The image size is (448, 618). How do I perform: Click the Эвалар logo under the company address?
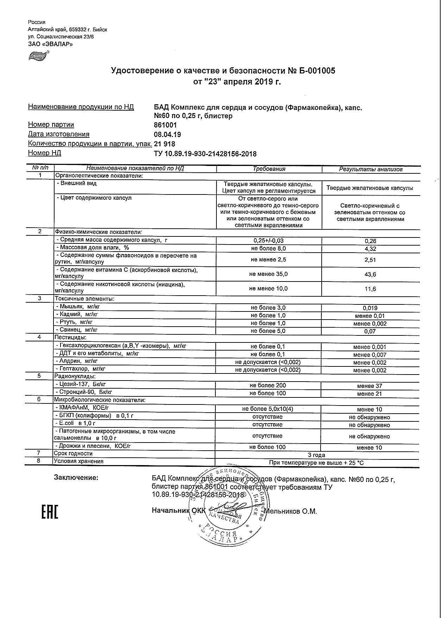(x=39, y=55)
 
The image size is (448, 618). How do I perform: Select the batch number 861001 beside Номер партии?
(x=165, y=125)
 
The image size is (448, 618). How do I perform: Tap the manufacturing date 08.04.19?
(x=168, y=135)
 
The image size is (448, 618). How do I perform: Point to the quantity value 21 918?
(x=165, y=144)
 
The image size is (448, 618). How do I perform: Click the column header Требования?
(x=269, y=169)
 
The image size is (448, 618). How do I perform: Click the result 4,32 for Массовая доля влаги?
(x=370, y=249)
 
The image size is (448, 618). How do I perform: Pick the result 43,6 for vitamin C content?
(x=370, y=274)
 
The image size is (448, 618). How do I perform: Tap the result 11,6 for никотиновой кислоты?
(x=370, y=289)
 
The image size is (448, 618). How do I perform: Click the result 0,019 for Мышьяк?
(x=370, y=308)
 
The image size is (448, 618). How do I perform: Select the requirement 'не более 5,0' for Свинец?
(x=268, y=331)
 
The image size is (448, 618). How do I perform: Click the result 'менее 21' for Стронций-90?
(x=369, y=394)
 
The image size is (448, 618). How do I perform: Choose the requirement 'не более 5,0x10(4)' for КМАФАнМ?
(x=267, y=409)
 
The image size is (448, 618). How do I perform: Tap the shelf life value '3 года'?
(x=316, y=455)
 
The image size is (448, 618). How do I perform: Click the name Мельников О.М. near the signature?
(x=291, y=511)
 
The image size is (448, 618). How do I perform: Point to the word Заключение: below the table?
(x=76, y=478)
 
